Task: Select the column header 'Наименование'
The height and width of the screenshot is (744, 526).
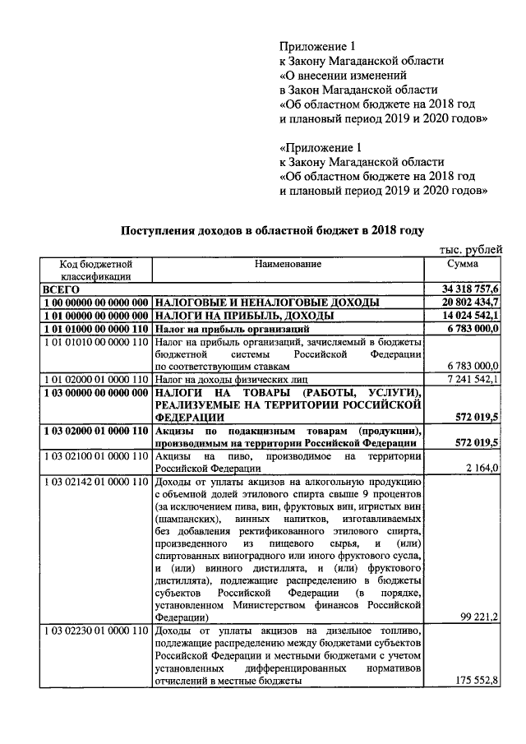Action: point(287,265)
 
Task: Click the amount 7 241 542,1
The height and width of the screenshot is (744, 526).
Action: point(470,379)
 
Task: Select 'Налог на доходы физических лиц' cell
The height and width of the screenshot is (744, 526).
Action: point(237,379)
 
